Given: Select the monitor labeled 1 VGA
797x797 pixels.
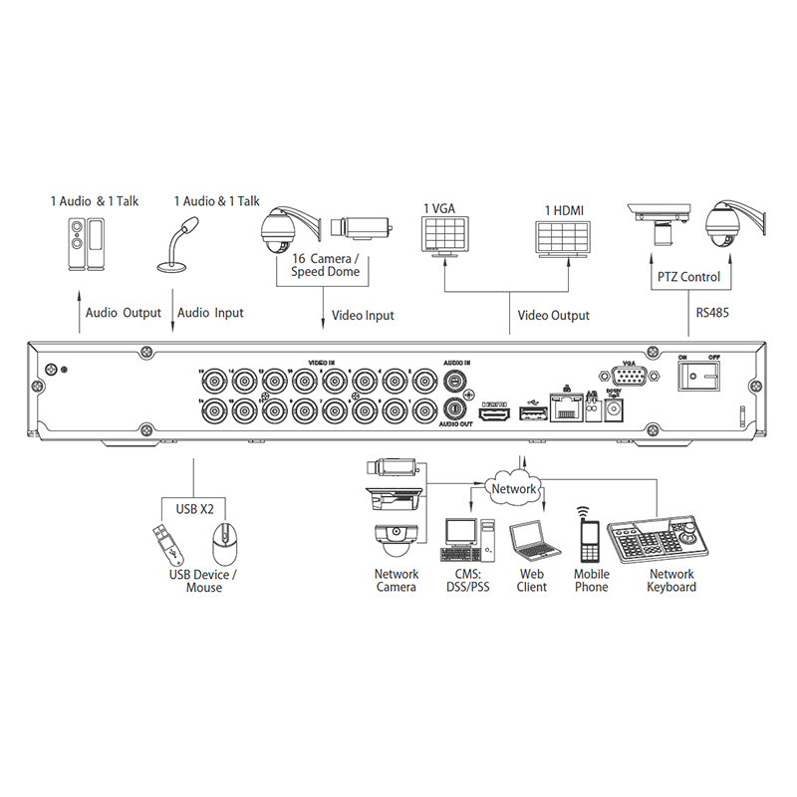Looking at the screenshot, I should point(445,236).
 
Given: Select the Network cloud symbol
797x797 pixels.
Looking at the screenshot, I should point(514,489).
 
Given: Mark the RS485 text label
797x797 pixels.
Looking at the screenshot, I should point(712,312).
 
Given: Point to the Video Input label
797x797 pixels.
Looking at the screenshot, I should point(362,316).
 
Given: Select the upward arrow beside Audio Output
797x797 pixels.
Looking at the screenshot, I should point(80,310).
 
